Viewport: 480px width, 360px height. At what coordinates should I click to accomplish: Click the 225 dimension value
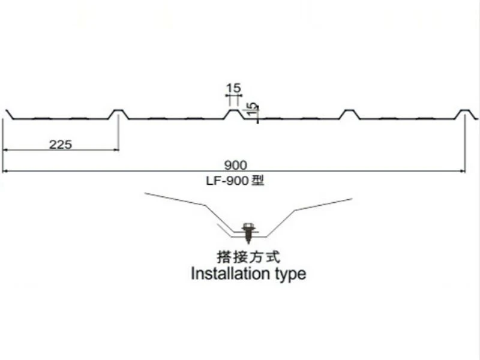(61, 144)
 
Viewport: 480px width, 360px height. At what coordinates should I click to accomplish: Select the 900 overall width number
(235, 166)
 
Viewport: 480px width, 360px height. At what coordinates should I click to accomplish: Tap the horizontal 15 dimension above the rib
(233, 88)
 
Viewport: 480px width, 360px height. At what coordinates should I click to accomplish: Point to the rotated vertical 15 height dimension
(251, 109)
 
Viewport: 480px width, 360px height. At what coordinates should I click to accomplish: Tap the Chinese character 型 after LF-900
(258, 181)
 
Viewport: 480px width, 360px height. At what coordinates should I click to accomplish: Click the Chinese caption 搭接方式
(248, 257)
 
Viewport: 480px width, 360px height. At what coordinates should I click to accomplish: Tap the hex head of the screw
(248, 227)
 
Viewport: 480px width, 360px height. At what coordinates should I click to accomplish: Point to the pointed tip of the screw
(248, 244)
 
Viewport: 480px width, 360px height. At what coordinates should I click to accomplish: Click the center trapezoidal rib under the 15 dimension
(234, 114)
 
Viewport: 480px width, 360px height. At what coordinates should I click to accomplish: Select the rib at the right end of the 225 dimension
(118, 114)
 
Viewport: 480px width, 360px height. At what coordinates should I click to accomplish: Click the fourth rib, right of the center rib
(350, 114)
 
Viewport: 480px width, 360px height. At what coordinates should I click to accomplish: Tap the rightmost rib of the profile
(466, 114)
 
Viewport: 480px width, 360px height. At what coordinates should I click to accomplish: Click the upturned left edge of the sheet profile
(9, 114)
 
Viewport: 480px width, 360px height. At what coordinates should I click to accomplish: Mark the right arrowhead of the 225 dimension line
(116, 150)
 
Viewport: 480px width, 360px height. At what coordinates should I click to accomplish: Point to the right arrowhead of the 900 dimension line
(463, 172)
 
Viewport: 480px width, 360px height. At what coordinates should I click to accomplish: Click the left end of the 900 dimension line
(3, 172)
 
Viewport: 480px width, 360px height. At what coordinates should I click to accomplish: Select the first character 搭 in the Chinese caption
(224, 257)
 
